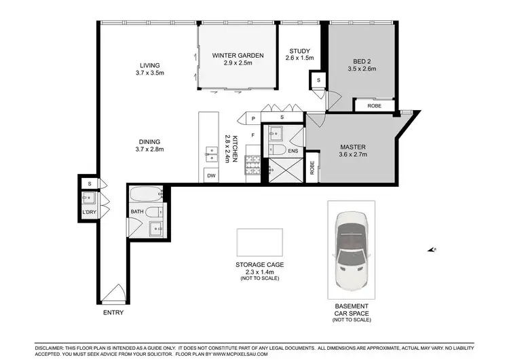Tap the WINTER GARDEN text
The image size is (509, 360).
tap(237, 56)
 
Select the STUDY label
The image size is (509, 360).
tap(299, 52)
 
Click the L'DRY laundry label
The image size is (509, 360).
tap(89, 213)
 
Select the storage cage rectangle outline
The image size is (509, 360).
tap(260, 242)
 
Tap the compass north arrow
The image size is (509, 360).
tap(432, 250)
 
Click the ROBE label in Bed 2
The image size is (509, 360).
tap(374, 106)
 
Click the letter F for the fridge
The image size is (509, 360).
tap(253, 135)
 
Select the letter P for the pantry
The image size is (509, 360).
tap(253, 118)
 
